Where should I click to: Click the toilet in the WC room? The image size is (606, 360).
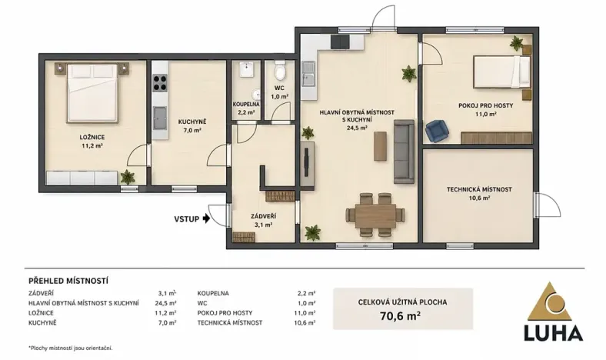[x=280, y=73]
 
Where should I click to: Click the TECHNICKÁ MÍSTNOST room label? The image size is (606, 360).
[x=479, y=189]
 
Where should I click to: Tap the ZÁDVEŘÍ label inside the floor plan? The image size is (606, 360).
[x=264, y=216]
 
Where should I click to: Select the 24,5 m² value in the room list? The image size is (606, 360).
[x=165, y=303]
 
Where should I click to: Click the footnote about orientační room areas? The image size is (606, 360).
[x=70, y=348]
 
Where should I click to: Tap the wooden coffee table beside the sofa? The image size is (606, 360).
[x=381, y=146]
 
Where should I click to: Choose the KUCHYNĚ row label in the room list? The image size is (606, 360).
[x=43, y=322]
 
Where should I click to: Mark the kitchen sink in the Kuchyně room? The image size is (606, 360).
[x=161, y=118]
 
